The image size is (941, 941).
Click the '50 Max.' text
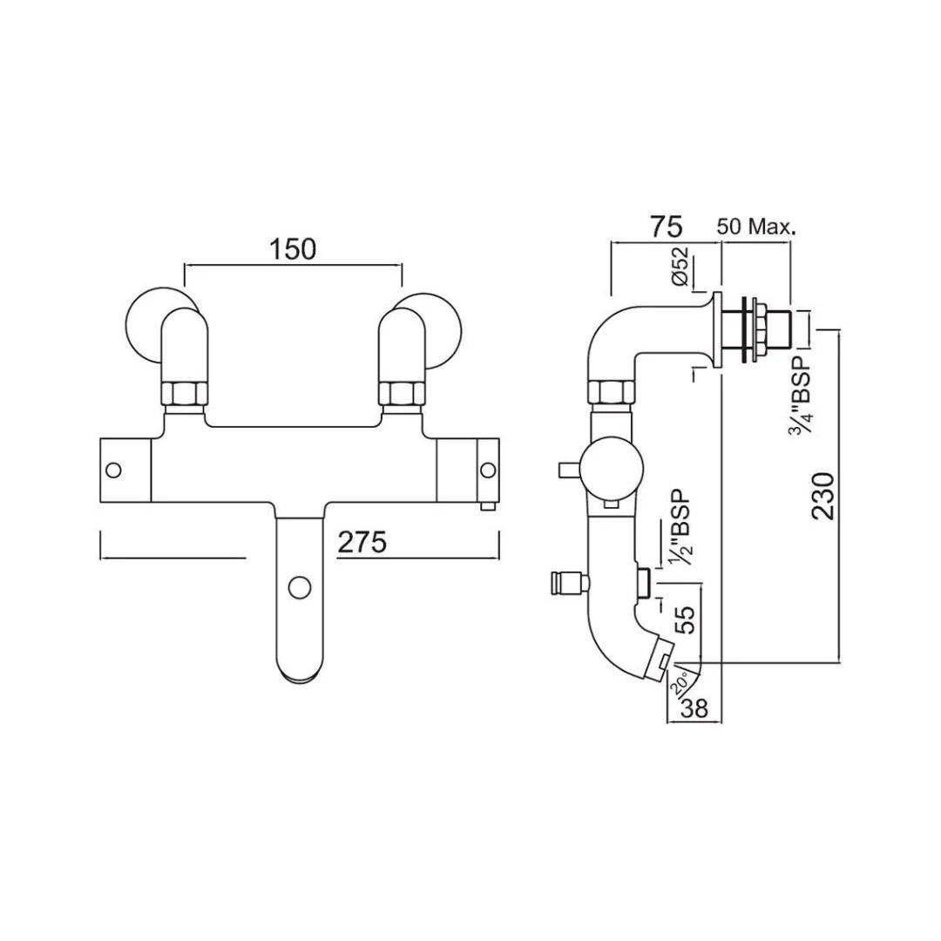tap(755, 227)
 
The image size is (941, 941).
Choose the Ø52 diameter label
tap(681, 267)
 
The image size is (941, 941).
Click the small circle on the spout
tap(300, 587)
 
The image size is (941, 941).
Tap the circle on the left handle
tap(112, 470)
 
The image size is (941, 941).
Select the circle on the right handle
tap(486, 470)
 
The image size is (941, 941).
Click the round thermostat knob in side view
tap(609, 469)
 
